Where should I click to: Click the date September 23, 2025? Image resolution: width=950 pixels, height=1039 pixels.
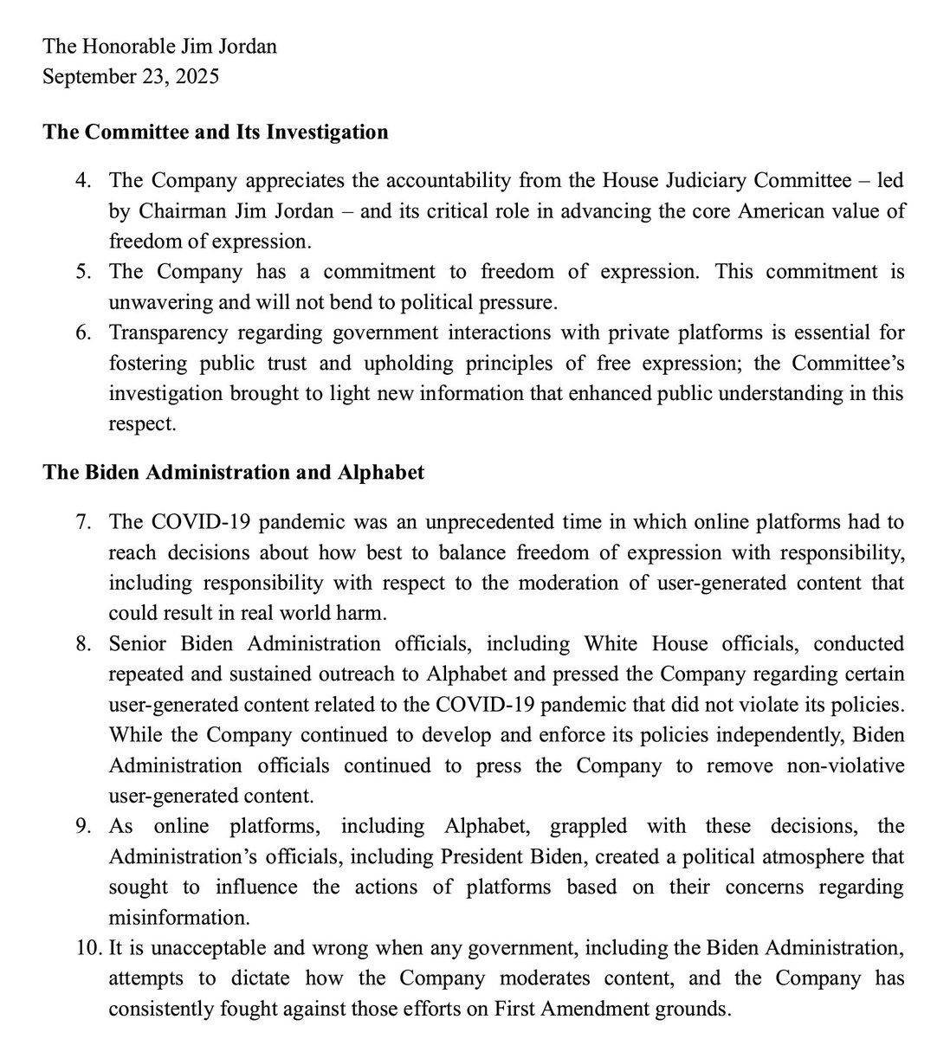131,76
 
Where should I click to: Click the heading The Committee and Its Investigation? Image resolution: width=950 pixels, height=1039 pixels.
216,132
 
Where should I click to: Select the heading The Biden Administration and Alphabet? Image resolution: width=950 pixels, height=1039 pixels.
234,474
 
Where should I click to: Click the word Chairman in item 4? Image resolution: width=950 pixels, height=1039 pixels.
171,211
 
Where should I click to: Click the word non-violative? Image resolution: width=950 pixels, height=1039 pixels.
838,765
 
